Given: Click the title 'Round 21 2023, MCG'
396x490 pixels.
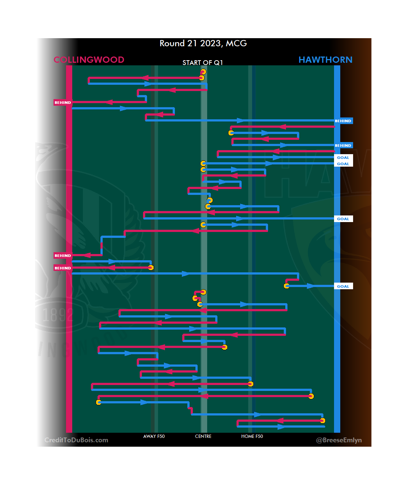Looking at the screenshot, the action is pyautogui.click(x=203, y=43).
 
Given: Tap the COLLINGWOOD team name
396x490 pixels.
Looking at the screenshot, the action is pyautogui.click(x=89, y=60).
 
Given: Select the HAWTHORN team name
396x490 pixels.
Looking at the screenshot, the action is pyautogui.click(x=325, y=60).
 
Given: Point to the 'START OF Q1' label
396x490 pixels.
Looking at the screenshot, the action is pyautogui.click(x=202, y=63).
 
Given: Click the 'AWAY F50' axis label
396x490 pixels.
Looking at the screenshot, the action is pyautogui.click(x=154, y=436).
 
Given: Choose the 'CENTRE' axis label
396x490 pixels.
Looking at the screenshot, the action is pyautogui.click(x=203, y=436).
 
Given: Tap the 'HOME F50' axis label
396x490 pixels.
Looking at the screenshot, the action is pyautogui.click(x=252, y=436).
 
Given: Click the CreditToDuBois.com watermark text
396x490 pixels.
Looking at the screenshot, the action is pyautogui.click(x=76, y=440).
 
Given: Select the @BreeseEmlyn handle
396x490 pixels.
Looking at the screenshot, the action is pyautogui.click(x=339, y=440).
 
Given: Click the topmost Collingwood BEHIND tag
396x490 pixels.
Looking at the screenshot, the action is pyautogui.click(x=63, y=102).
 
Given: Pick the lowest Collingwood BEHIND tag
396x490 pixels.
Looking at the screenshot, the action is pyautogui.click(x=63, y=268).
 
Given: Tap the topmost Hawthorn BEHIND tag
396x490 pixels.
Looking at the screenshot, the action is pyautogui.click(x=343, y=121).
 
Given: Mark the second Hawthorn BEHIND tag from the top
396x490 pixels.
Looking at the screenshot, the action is pyautogui.click(x=343, y=145).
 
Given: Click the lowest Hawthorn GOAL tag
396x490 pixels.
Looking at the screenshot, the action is pyautogui.click(x=343, y=286).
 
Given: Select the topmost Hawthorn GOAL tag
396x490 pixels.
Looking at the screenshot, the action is pyautogui.click(x=343, y=157).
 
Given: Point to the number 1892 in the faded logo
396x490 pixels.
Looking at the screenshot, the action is pyautogui.click(x=58, y=315).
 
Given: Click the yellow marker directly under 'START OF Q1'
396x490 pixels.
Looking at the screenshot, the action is pyautogui.click(x=203, y=72).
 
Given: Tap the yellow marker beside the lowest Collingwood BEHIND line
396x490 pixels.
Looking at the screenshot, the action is pyautogui.click(x=151, y=268).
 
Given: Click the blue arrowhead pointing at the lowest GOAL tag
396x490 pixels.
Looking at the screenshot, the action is pyautogui.click(x=310, y=286).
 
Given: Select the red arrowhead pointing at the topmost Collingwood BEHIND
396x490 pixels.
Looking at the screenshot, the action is pyautogui.click(x=109, y=102).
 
